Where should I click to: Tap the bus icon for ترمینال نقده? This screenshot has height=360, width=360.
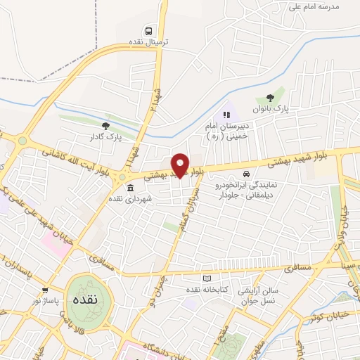tap(149, 31)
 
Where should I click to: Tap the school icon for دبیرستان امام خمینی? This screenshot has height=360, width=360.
tap(226, 115)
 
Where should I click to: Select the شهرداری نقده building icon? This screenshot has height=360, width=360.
tap(131, 188)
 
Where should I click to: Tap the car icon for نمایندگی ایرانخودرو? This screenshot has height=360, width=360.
tap(245, 174)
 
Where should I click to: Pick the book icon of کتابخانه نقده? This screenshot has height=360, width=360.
tap(205, 278)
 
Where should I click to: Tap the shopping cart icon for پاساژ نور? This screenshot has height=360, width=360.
tap(45, 290)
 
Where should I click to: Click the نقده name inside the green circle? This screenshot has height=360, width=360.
tap(84, 299)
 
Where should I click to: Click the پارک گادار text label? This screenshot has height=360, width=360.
tap(105, 137)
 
